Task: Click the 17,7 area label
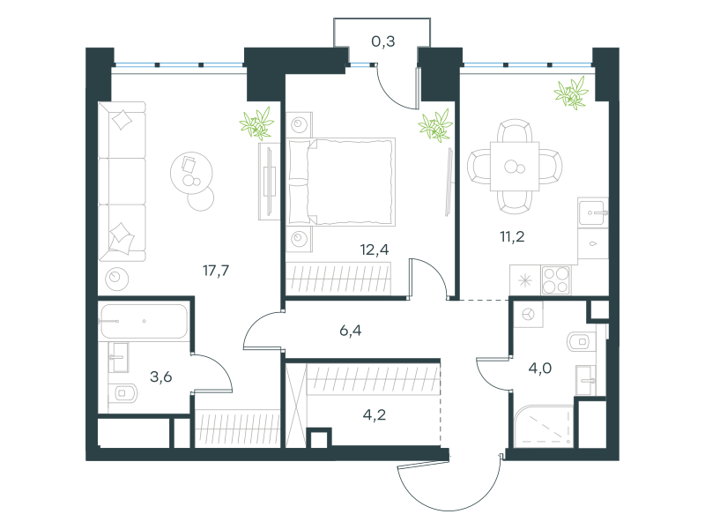click(216, 271)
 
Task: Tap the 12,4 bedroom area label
click(375, 250)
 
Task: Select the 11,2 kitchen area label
click(512, 236)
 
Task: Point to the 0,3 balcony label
click(383, 41)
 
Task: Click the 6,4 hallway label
click(350, 331)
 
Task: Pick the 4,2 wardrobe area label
click(374, 414)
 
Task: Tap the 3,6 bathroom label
click(161, 376)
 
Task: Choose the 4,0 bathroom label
click(540, 369)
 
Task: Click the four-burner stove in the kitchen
click(556, 279)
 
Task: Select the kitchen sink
click(593, 212)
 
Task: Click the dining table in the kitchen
click(515, 167)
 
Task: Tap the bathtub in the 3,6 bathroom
click(144, 321)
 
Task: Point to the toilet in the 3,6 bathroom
click(122, 393)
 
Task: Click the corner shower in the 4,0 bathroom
click(544, 427)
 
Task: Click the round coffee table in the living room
click(191, 173)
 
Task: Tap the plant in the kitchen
click(571, 93)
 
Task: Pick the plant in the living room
click(256, 123)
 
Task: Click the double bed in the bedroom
click(341, 182)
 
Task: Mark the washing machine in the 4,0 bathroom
click(529, 314)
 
